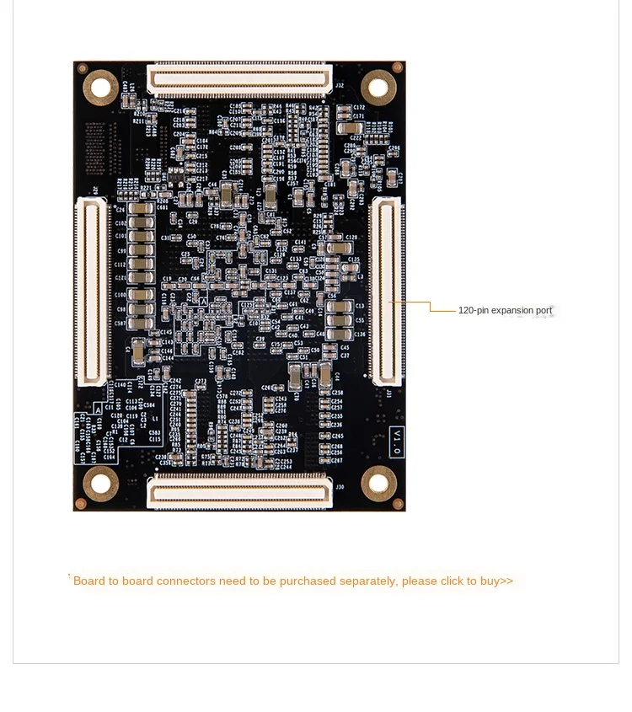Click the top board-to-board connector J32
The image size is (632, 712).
[240, 79]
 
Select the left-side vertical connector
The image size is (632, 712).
[93, 291]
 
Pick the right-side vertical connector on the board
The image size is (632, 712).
[387, 291]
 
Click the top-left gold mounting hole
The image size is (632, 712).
[100, 86]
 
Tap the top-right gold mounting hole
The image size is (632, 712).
[378, 87]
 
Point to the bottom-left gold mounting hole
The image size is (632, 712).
[100, 483]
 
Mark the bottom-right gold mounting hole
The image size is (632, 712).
[378, 484]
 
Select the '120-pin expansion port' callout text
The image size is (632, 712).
[505, 311]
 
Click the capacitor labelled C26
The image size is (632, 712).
[141, 210]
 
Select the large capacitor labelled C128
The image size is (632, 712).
[340, 248]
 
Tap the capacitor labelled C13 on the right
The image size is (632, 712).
[339, 307]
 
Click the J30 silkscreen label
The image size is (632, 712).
[340, 486]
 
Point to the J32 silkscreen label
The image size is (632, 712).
[340, 85]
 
